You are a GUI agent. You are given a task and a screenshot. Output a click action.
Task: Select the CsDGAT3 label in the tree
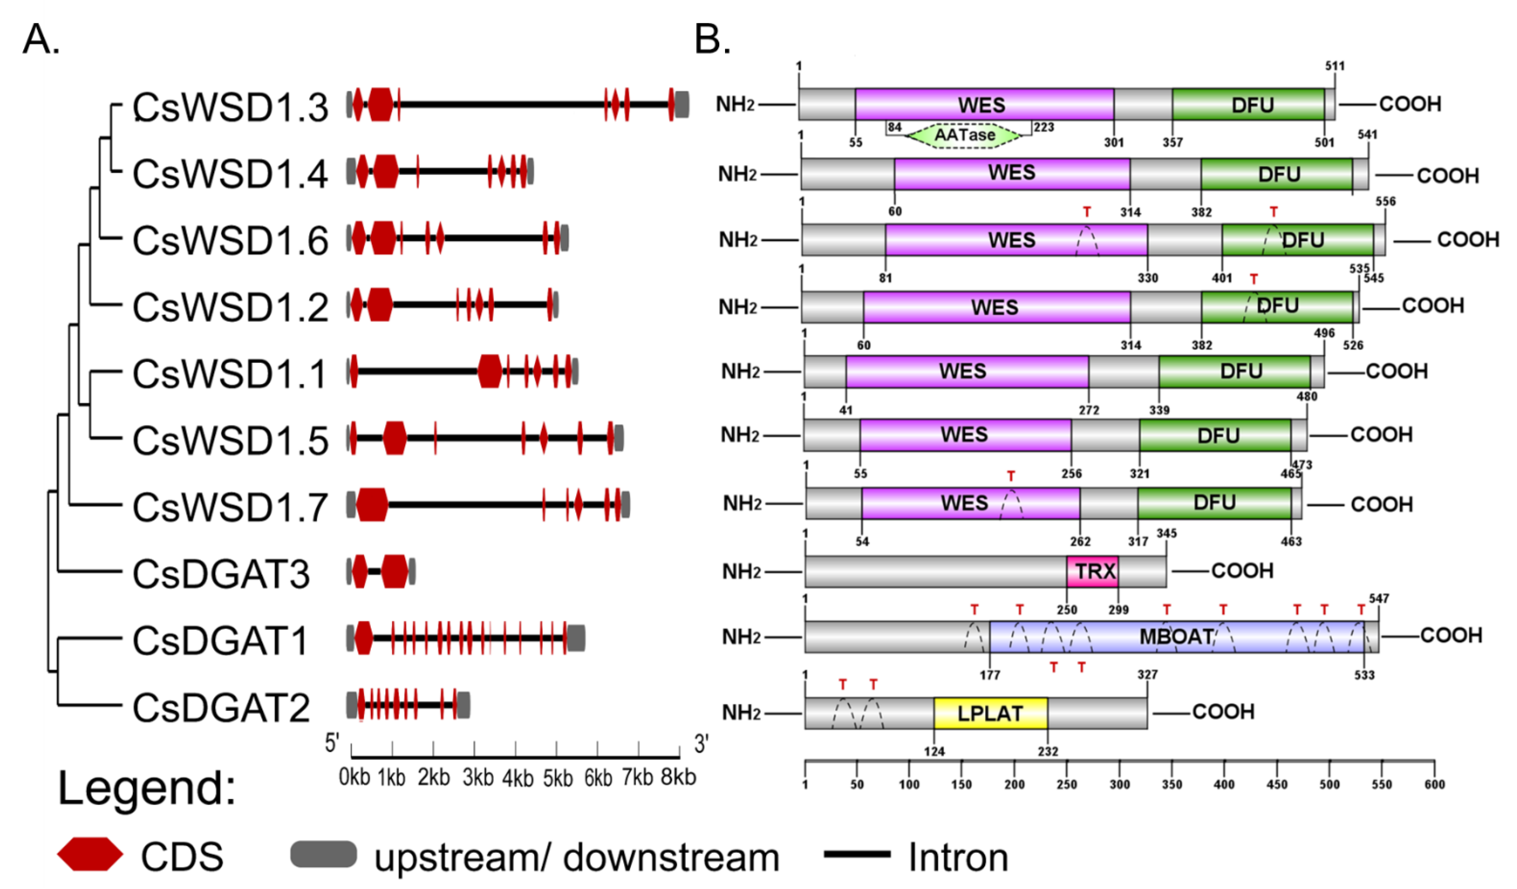[x=221, y=574]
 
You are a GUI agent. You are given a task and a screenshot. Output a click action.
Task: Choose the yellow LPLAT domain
[x=990, y=713]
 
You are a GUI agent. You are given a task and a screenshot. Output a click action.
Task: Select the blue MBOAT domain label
[x=1176, y=636]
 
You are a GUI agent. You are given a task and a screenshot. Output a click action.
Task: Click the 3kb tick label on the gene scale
[x=477, y=778]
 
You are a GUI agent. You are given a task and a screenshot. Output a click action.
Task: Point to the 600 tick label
[x=1435, y=784]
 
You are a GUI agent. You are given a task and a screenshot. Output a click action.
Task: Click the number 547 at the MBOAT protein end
[x=1378, y=598]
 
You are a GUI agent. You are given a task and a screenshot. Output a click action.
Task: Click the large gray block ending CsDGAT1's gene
[x=576, y=637]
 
